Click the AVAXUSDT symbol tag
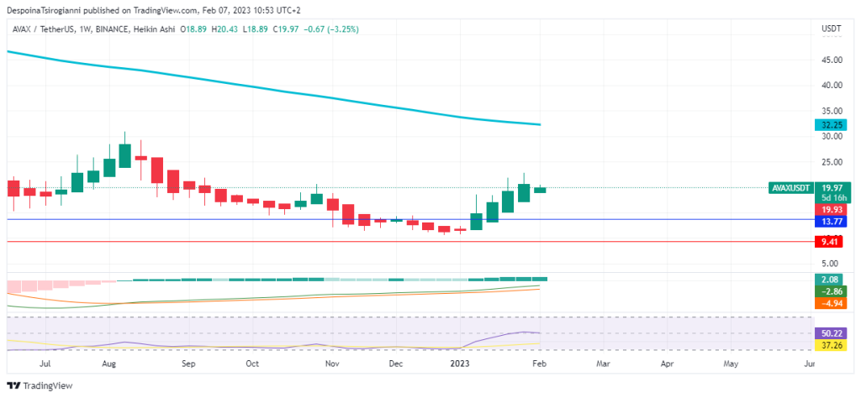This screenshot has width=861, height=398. pyautogui.click(x=791, y=188)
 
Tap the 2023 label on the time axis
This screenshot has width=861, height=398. pyautogui.click(x=459, y=364)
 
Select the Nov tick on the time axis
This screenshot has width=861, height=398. pyautogui.click(x=332, y=364)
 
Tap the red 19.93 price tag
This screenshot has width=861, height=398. pyautogui.click(x=832, y=209)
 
